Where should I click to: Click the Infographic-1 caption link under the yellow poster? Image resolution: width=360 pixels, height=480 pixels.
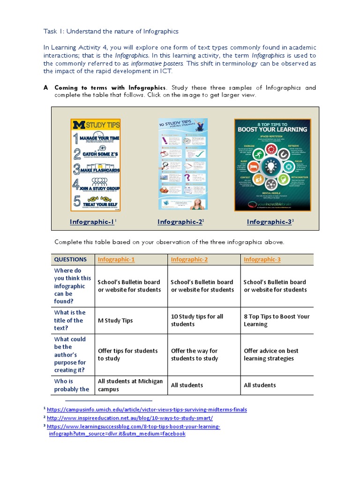(x=92, y=222)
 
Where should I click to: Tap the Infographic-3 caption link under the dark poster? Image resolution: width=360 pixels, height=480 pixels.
(x=270, y=222)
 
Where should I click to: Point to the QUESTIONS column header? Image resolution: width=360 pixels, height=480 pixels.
(x=70, y=259)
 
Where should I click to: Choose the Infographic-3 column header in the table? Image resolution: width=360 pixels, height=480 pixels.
(x=262, y=259)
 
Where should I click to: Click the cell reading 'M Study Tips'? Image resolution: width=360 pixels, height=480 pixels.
(x=115, y=321)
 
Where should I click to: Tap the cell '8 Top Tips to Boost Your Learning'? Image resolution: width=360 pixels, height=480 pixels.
(x=277, y=320)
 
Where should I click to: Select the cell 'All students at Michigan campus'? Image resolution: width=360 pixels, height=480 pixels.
(x=130, y=385)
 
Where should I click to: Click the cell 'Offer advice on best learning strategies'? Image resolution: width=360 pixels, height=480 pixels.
(x=271, y=354)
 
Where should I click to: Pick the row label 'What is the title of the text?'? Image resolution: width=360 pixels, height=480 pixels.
(x=70, y=320)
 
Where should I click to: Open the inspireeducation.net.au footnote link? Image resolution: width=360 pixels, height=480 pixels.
(x=130, y=418)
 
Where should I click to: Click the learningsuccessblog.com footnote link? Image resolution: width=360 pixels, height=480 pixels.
(x=134, y=427)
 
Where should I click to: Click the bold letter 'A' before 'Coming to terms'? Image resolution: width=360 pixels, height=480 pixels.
(x=45, y=88)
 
